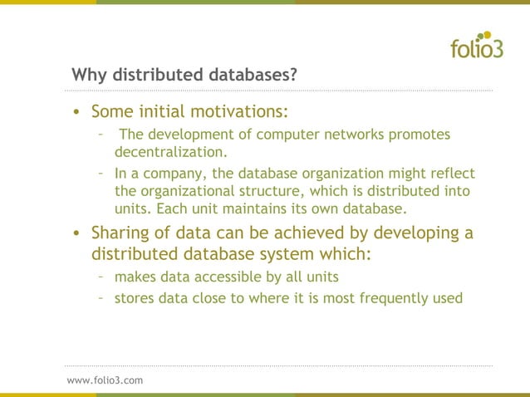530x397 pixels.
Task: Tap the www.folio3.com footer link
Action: [105, 380]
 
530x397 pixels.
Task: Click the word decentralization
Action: [169, 152]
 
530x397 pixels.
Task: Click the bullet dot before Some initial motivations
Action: [76, 112]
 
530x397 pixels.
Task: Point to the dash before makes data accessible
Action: [100, 276]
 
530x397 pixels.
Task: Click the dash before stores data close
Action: [100, 296]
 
